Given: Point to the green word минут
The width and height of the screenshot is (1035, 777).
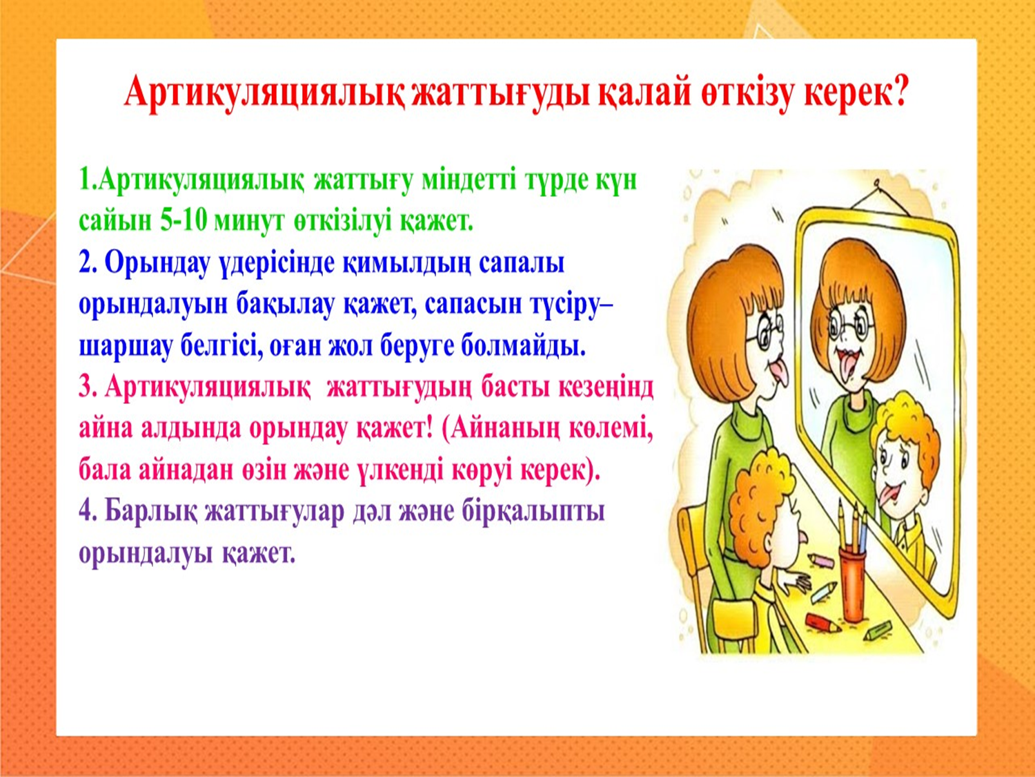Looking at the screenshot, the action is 249,222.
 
